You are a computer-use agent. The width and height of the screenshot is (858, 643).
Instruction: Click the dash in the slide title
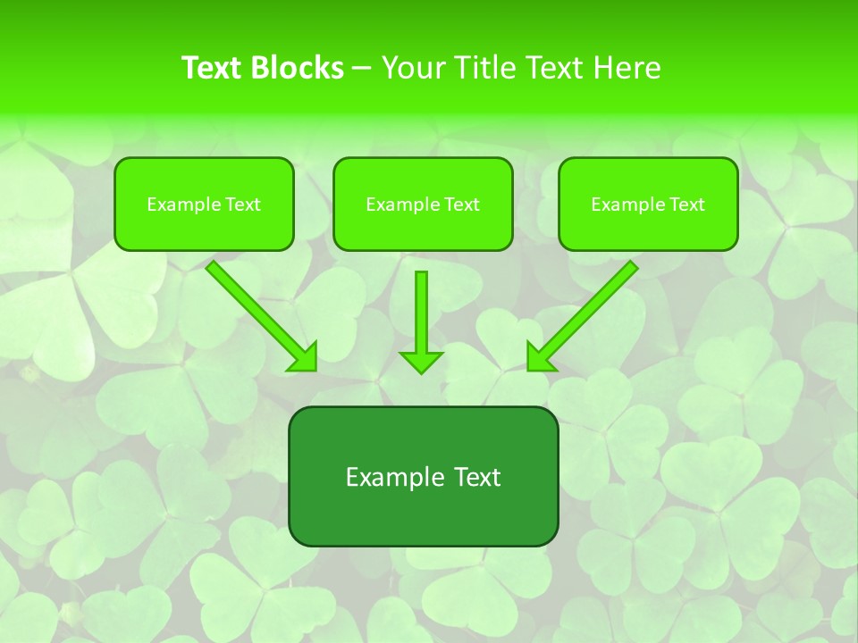[362, 69]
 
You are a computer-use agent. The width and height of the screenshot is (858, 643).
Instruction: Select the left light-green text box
[204, 228]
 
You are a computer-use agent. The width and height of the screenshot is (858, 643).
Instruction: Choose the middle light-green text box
[423, 228]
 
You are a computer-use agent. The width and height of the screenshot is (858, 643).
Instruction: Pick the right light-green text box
[648, 228]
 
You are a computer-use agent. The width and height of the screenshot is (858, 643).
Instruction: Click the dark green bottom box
[423, 514]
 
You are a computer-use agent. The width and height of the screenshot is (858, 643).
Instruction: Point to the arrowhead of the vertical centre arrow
[421, 361]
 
